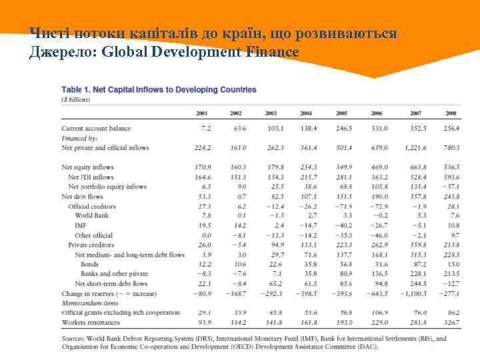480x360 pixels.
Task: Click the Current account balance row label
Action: click(x=96, y=128)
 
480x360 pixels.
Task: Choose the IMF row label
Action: click(x=81, y=225)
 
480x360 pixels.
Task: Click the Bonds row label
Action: click(x=90, y=264)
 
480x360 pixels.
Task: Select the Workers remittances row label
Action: click(x=92, y=323)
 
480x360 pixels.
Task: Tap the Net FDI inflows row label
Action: click(x=91, y=177)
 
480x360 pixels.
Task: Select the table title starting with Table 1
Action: click(x=159, y=89)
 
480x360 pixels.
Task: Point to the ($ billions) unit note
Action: click(x=76, y=99)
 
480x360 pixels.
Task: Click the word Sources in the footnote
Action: click(x=73, y=338)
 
